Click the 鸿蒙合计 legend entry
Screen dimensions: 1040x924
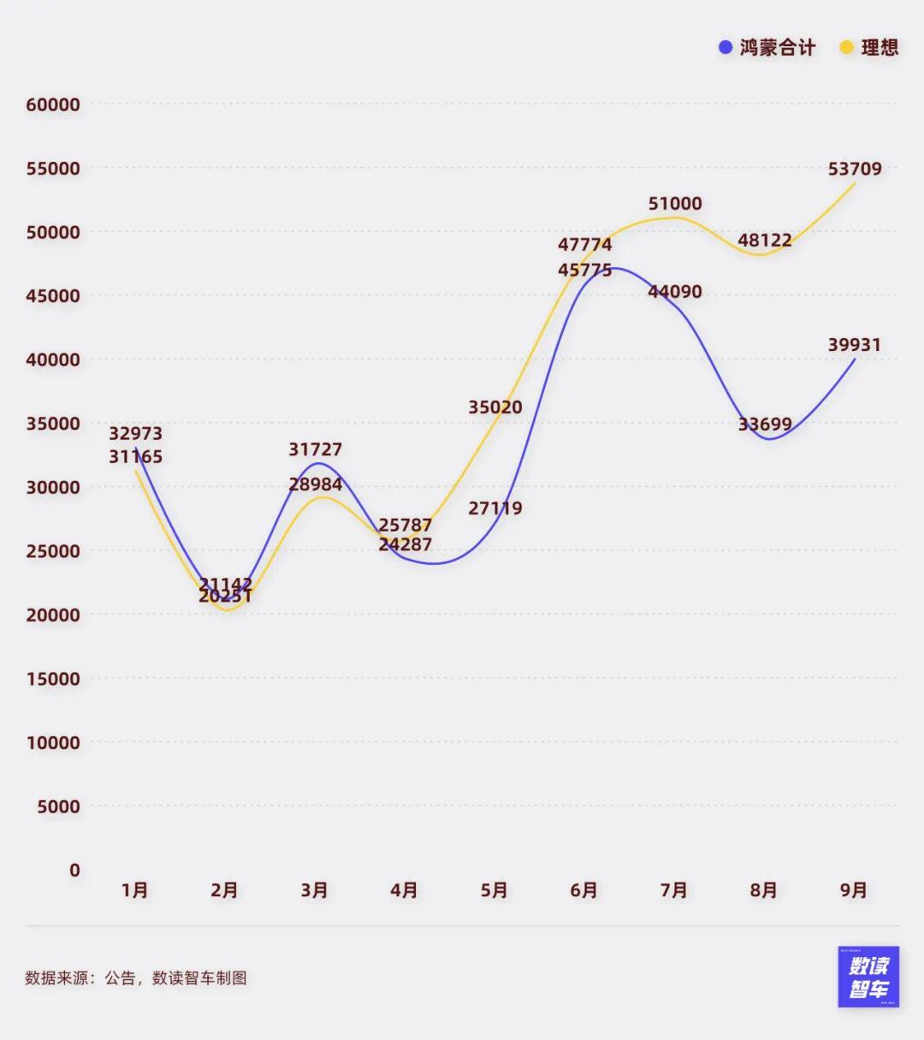tap(767, 48)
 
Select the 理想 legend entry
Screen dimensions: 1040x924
tap(869, 48)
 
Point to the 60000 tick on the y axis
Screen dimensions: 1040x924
tap(53, 105)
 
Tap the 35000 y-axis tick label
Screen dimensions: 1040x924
tap(53, 424)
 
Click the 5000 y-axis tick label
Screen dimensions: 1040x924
tap(58, 806)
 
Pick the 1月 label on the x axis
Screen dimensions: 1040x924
tap(135, 891)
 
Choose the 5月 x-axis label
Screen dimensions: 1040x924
tap(495, 891)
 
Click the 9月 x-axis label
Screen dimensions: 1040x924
tap(854, 891)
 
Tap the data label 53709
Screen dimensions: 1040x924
tap(855, 169)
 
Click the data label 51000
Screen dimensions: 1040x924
tap(675, 204)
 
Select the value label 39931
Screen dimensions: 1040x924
tap(855, 345)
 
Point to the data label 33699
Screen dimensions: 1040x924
tap(765, 425)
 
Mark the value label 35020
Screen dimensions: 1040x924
tap(495, 407)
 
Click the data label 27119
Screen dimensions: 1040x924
tap(495, 508)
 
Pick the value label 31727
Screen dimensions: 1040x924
tap(316, 449)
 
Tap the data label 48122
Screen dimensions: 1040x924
tap(765, 241)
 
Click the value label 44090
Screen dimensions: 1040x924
tap(675, 292)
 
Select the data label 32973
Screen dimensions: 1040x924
tap(136, 434)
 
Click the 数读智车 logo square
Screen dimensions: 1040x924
tap(868, 977)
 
